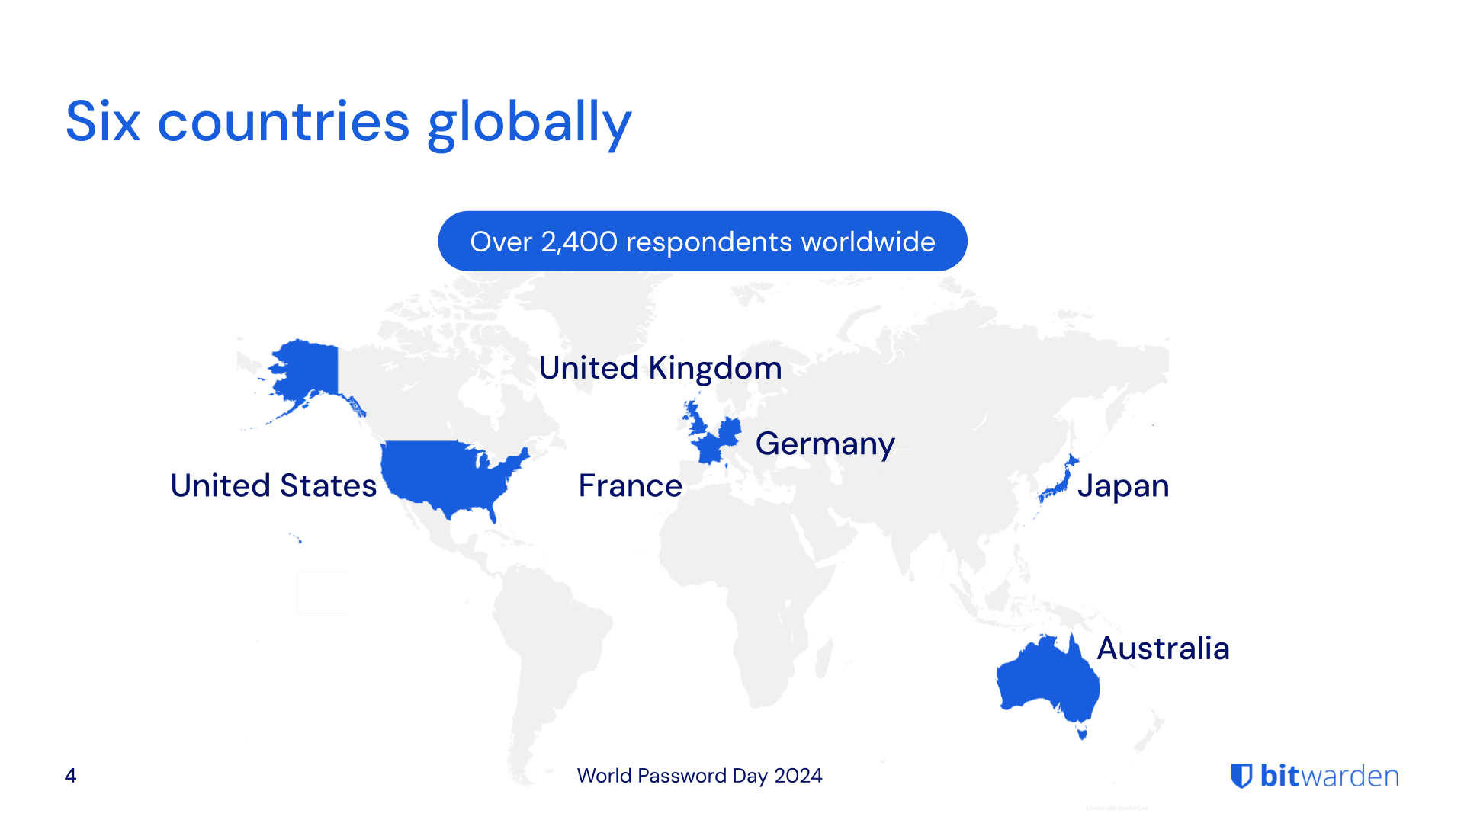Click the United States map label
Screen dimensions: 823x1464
[273, 485]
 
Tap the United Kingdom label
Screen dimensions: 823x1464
[660, 368]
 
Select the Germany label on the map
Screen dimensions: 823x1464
[825, 444]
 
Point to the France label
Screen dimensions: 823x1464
[630, 485]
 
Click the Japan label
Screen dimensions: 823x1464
[1123, 485]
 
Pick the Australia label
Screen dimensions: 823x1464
[1163, 648]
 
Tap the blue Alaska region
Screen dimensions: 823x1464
[305, 370]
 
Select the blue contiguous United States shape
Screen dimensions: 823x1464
[442, 472]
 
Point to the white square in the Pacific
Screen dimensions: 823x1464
[323, 592]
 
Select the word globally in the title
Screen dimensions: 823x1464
[529, 123]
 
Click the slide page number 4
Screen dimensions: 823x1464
[70, 776]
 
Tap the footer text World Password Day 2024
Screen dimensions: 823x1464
[699, 776]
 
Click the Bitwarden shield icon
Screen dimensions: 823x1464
[1242, 776]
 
